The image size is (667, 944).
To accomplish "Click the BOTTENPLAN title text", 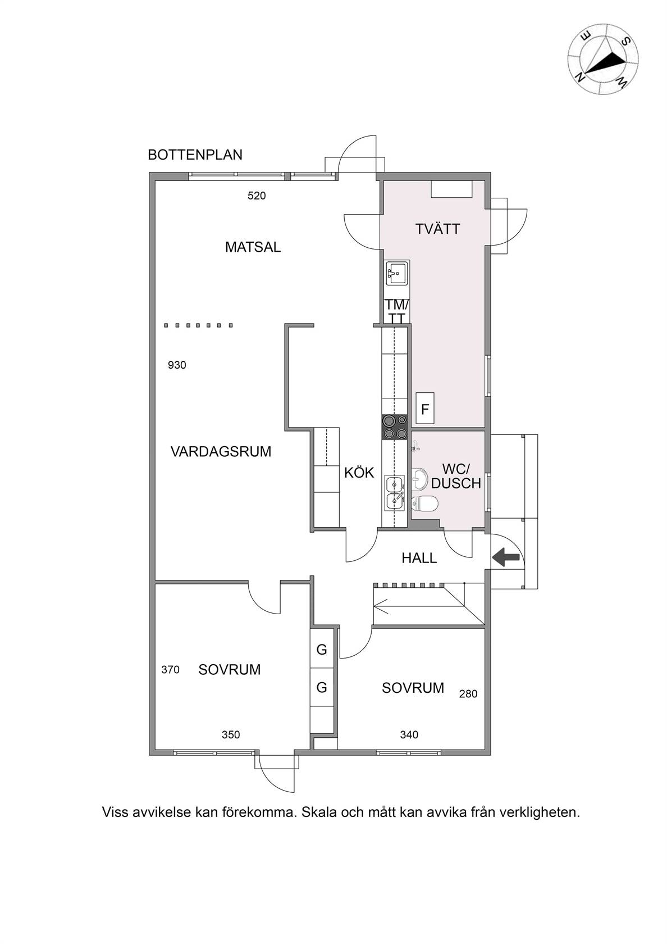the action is click(x=195, y=155).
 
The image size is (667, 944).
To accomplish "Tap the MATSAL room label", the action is click(x=253, y=247).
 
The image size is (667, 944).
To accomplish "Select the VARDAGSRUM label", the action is click(x=221, y=452).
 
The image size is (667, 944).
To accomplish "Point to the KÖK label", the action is click(x=359, y=473).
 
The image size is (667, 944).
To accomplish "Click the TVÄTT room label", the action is click(x=437, y=229).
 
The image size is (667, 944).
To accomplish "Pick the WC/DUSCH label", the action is click(x=456, y=476).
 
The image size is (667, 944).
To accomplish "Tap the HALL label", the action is click(x=419, y=558).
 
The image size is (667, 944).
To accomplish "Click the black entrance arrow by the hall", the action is click(x=506, y=557).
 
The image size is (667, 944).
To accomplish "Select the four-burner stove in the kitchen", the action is click(x=395, y=426).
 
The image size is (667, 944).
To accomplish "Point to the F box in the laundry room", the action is click(x=425, y=409).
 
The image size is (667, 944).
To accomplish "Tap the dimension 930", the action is click(x=177, y=365).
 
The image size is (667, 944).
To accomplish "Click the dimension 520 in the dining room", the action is click(x=257, y=196).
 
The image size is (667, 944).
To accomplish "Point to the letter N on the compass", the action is click(x=580, y=76).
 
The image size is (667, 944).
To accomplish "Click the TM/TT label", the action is click(x=396, y=311).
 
